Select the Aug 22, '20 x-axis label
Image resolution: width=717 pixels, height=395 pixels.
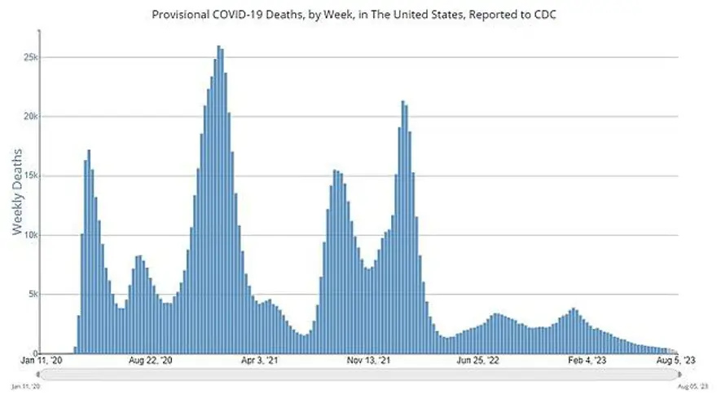tap(150, 360)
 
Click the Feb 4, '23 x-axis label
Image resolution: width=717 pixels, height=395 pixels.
tap(587, 360)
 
